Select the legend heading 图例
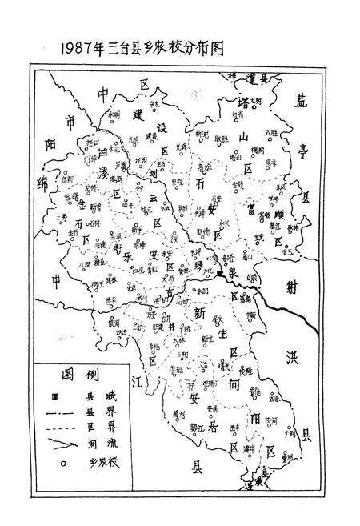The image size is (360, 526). tap(72, 374)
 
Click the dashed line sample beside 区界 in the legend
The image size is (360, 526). tap(60, 424)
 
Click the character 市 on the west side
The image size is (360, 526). tap(70, 122)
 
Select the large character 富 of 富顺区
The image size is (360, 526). tap(254, 210)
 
